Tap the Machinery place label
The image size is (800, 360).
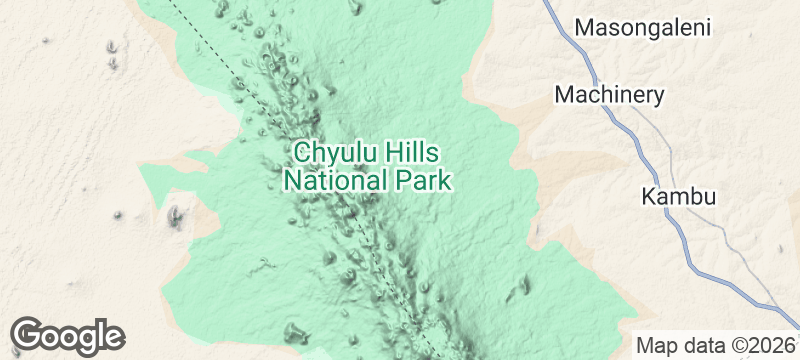609,95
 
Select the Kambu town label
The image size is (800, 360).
679,196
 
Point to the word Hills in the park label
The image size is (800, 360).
412,154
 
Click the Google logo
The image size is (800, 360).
68,335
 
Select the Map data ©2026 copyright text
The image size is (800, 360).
716,345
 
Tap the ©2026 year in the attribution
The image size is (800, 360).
762,345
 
